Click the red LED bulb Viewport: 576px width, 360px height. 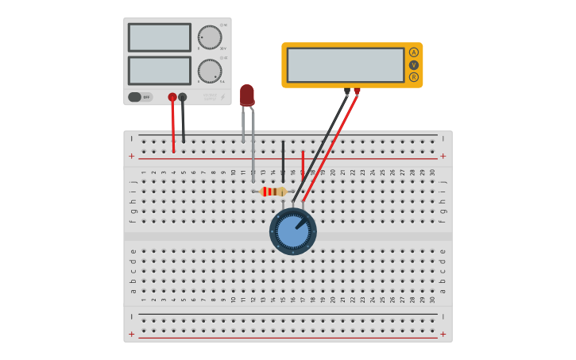pyautogui.click(x=247, y=95)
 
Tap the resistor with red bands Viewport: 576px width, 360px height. pyautogui.click(x=273, y=192)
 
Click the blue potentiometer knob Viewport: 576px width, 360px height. pyautogui.click(x=292, y=231)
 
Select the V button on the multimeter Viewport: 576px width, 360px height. pyautogui.click(x=413, y=65)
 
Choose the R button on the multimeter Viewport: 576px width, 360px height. pyautogui.click(x=413, y=77)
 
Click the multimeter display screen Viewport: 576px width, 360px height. pyautogui.click(x=346, y=65)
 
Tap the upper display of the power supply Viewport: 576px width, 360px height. pyautogui.click(x=160, y=37)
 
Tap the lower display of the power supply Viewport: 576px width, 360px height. pyautogui.click(x=160, y=70)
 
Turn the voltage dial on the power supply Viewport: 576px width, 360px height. pyautogui.click(x=210, y=37)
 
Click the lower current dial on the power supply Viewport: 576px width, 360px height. pyautogui.click(x=210, y=71)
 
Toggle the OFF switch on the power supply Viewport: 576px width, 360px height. pyautogui.click(x=140, y=97)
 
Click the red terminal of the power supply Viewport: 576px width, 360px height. pyautogui.click(x=172, y=97)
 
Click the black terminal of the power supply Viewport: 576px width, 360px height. pyautogui.click(x=183, y=97)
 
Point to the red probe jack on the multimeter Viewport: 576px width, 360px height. pyautogui.click(x=357, y=91)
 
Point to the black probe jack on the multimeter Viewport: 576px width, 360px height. pyautogui.click(x=347, y=91)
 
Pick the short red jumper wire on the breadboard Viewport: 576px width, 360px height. pyautogui.click(x=303, y=161)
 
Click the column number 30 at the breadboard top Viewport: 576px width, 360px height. pyautogui.click(x=432, y=172)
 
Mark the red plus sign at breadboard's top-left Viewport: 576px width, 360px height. pyautogui.click(x=132, y=157)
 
